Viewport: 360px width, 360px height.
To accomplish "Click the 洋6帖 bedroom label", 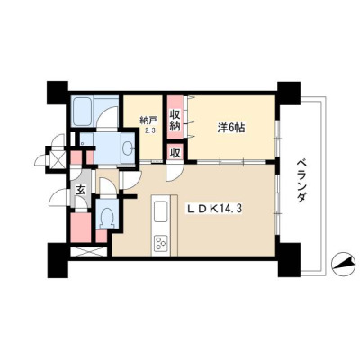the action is click(230, 128).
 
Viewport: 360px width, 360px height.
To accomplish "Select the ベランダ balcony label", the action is click(302, 180).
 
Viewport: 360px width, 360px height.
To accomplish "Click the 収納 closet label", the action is click(175, 121).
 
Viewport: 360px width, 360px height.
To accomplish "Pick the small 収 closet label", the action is click(175, 153).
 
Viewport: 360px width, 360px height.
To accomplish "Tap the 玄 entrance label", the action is click(80, 190).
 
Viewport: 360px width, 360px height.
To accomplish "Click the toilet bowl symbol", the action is click(107, 217).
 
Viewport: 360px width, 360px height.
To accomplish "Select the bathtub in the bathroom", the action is click(82, 112).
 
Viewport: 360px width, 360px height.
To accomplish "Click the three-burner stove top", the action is click(161, 243).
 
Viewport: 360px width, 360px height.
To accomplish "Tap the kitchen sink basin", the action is click(161, 211).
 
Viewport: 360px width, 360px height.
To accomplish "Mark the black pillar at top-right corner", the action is click(289, 93).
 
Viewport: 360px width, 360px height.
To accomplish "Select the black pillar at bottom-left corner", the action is click(58, 260).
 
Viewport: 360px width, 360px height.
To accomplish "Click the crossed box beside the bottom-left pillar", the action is click(88, 251).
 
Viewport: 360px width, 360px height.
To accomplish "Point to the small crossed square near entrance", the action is click(57, 159).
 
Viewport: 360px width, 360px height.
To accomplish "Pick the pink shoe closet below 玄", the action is click(81, 228).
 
